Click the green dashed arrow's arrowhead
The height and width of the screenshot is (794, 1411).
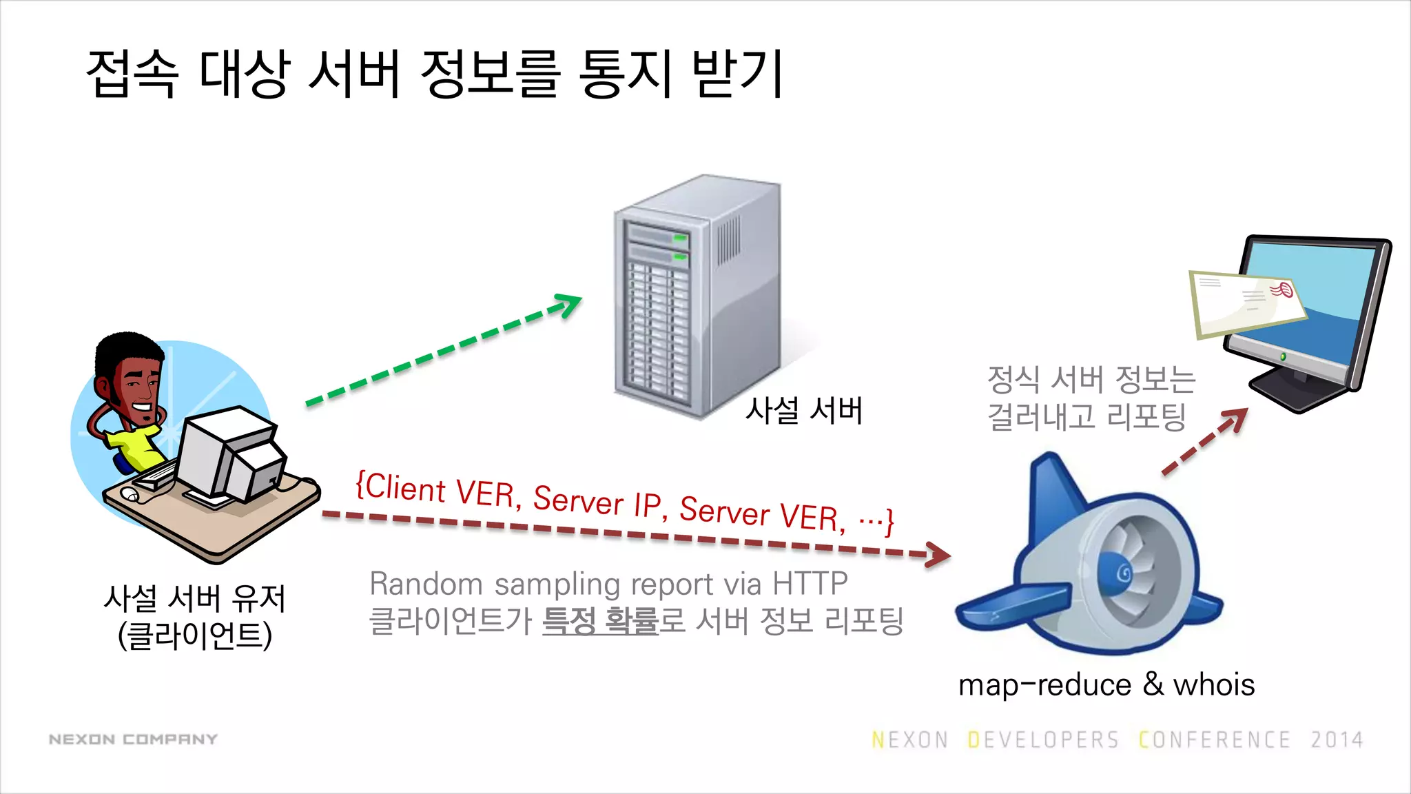[x=570, y=303]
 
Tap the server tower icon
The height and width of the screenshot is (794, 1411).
[x=696, y=296]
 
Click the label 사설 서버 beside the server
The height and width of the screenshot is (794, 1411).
[x=804, y=411]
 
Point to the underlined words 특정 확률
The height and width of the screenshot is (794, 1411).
[x=600, y=620]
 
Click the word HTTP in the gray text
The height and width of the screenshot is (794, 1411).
[x=810, y=584]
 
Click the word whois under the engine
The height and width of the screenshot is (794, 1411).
[x=1214, y=685]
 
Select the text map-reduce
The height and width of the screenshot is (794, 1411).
[x=1044, y=685]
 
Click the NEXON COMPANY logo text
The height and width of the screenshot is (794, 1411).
[x=133, y=740]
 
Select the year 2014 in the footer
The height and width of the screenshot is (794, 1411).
[x=1337, y=740]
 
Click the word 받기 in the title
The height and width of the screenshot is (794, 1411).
[x=737, y=74]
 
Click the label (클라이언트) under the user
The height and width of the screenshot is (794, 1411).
[x=195, y=635]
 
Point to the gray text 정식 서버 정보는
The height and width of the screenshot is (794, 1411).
[x=1091, y=379]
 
